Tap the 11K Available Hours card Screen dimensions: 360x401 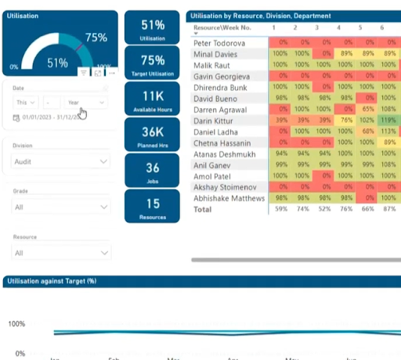pyautogui.click(x=153, y=100)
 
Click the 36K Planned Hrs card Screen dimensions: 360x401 pyautogui.click(x=153, y=136)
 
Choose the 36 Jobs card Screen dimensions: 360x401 pyautogui.click(x=153, y=172)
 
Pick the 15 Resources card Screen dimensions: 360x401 pyautogui.click(x=153, y=208)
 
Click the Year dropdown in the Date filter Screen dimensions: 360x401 pyautogui.click(x=86, y=103)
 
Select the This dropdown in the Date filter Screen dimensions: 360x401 pyautogui.click(x=26, y=103)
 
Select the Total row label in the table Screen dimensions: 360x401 pyautogui.click(x=203, y=210)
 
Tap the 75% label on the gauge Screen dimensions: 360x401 pyautogui.click(x=96, y=38)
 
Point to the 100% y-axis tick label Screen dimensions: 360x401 pyautogui.click(x=18, y=324)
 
